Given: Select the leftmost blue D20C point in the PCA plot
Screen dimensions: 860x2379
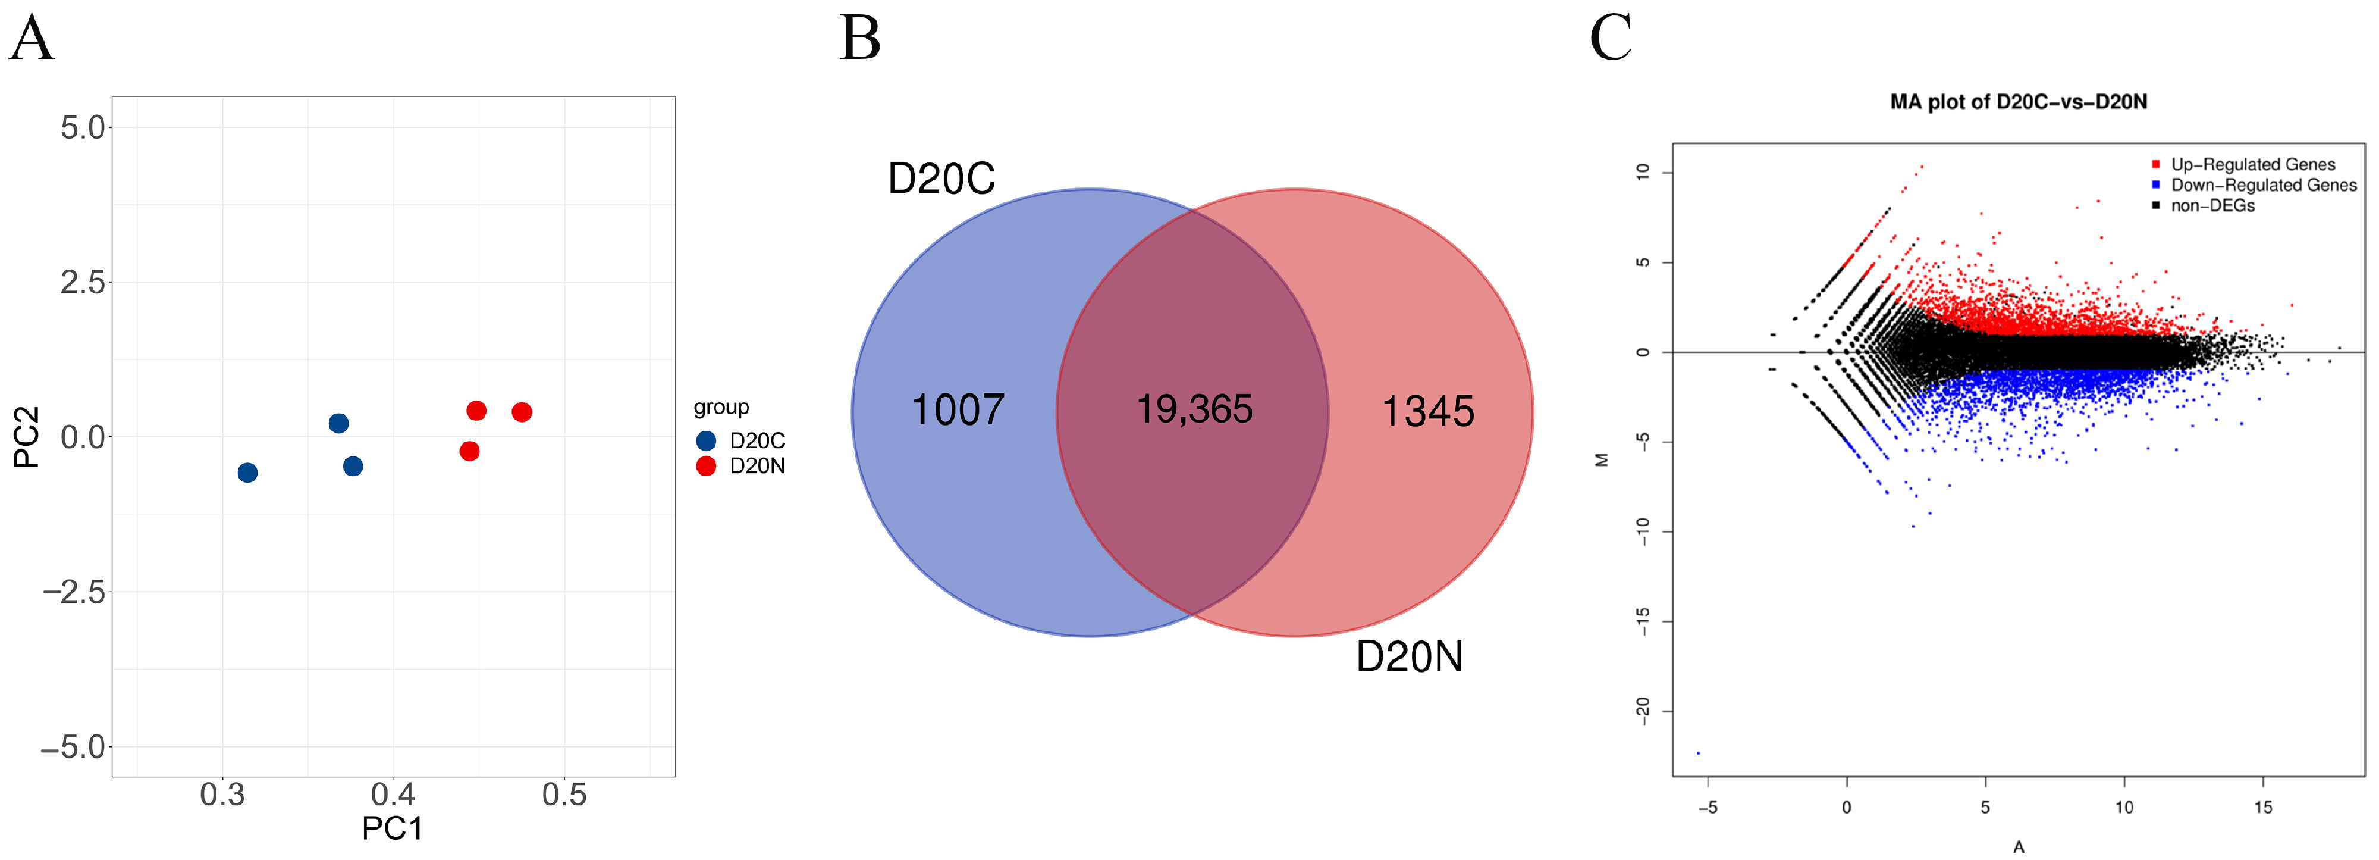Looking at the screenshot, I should point(247,473).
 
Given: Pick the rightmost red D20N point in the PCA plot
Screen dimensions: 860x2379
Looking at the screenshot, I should point(522,412).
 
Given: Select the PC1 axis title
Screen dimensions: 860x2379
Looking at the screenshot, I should point(393,828).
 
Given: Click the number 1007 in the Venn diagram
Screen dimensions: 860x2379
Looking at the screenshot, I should point(958,410).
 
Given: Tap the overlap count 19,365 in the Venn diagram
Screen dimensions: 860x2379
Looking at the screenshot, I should point(1194,409).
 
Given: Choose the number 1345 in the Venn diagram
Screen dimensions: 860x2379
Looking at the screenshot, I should point(1428,411).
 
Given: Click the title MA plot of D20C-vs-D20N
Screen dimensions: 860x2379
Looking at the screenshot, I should point(2018,102).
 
